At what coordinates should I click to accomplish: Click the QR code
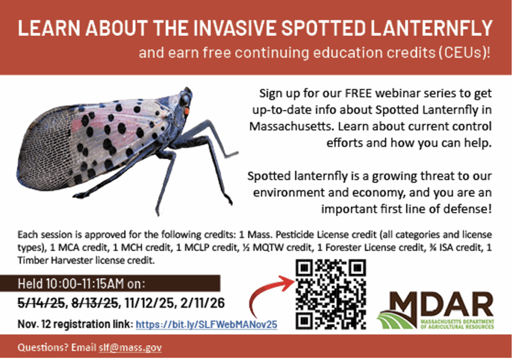point(331,294)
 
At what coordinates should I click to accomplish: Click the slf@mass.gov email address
point(130,347)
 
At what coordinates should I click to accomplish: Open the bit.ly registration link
point(206,324)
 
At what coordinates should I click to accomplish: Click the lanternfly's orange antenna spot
point(186,112)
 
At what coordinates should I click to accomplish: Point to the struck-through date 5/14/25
point(41,303)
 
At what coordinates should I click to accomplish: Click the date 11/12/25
point(149,303)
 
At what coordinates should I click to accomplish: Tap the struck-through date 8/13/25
point(94,303)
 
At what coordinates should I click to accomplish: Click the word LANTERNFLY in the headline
point(431,28)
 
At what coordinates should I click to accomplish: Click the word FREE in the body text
point(358,93)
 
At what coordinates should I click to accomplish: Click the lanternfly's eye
point(185,99)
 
